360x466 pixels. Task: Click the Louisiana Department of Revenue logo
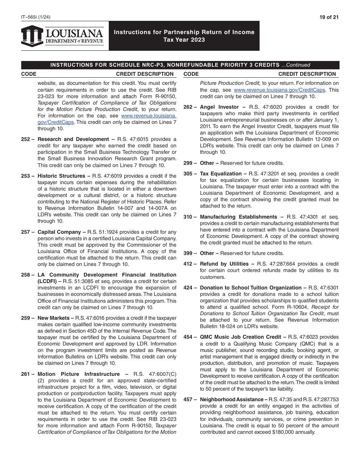coord(63,36)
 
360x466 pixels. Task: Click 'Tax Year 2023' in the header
coord(184,40)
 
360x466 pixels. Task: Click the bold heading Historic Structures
coord(61,176)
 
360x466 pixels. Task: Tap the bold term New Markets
coord(53,318)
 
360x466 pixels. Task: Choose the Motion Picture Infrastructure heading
coord(78,374)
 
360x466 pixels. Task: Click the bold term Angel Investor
coord(219,107)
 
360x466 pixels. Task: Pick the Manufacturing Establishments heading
coord(239,217)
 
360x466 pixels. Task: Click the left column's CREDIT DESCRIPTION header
coord(144,74)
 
